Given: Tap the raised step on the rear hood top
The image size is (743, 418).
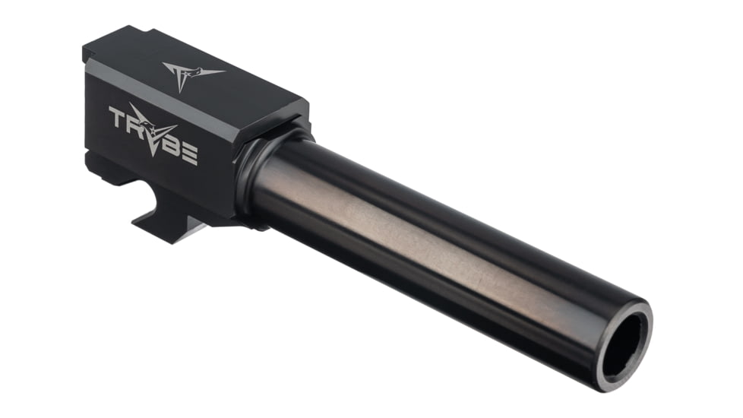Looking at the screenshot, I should [114, 38].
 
